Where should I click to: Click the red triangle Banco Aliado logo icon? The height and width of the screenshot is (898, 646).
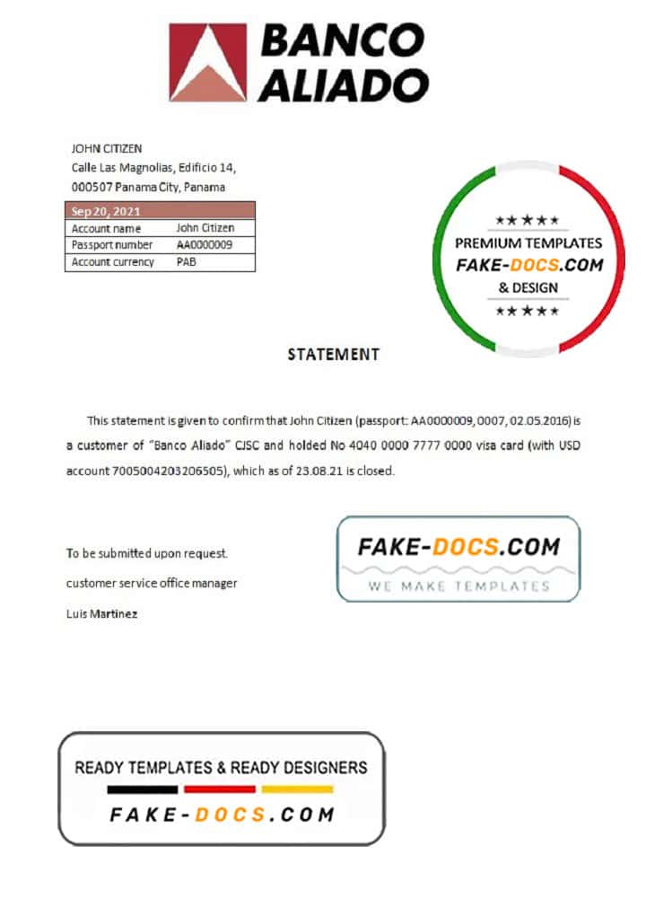point(208,63)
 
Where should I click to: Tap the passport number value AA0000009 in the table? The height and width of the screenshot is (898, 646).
point(205,245)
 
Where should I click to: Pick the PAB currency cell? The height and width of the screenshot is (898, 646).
point(187,262)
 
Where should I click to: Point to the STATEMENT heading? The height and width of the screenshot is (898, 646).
point(333,355)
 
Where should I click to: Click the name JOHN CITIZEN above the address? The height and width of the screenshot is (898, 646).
point(107,149)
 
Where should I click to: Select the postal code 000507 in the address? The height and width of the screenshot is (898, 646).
point(89,188)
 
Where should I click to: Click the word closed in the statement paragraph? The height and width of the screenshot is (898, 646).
point(376,471)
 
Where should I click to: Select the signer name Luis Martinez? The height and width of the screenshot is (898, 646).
point(102,614)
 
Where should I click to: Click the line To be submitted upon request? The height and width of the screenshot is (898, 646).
point(141,554)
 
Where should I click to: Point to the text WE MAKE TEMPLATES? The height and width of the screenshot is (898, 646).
point(458,585)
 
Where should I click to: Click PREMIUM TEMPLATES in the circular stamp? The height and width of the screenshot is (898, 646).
point(528,242)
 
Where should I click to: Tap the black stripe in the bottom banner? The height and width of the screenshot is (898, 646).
point(142,790)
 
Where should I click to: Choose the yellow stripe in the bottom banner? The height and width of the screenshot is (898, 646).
point(296,790)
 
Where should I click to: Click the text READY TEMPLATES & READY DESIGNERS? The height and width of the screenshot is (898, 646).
point(221,768)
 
